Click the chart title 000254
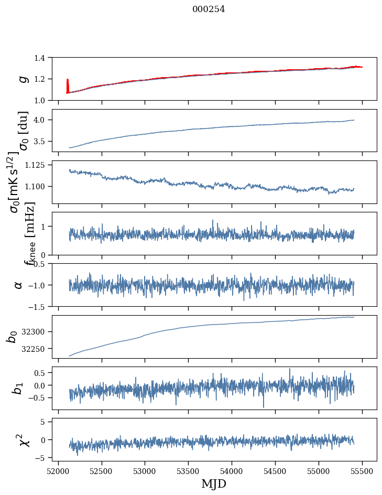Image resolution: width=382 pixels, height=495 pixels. [209, 9]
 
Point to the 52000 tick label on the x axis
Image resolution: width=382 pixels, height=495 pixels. [58, 470]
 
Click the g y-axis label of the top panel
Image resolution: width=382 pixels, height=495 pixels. [22, 79]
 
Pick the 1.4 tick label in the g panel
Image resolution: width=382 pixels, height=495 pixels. [45, 58]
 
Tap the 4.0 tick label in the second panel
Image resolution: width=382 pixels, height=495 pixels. [45, 120]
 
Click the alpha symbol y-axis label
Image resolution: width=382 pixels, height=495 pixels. [18, 285]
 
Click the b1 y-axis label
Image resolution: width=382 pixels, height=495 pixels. [18, 388]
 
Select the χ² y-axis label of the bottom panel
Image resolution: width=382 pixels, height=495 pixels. [23, 439]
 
